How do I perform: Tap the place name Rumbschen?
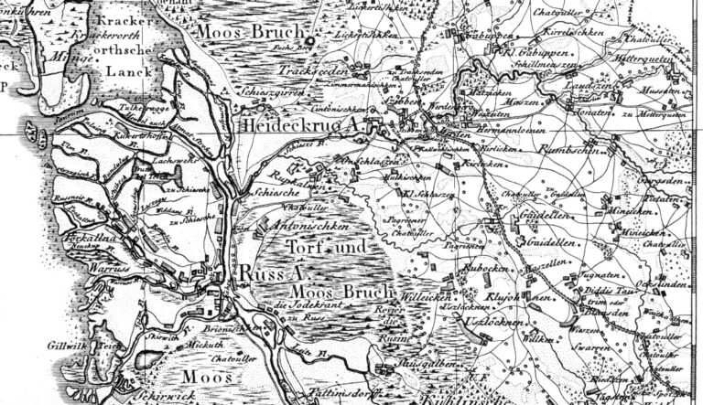tap(568, 148)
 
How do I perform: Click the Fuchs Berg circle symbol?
tap(310, 43)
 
